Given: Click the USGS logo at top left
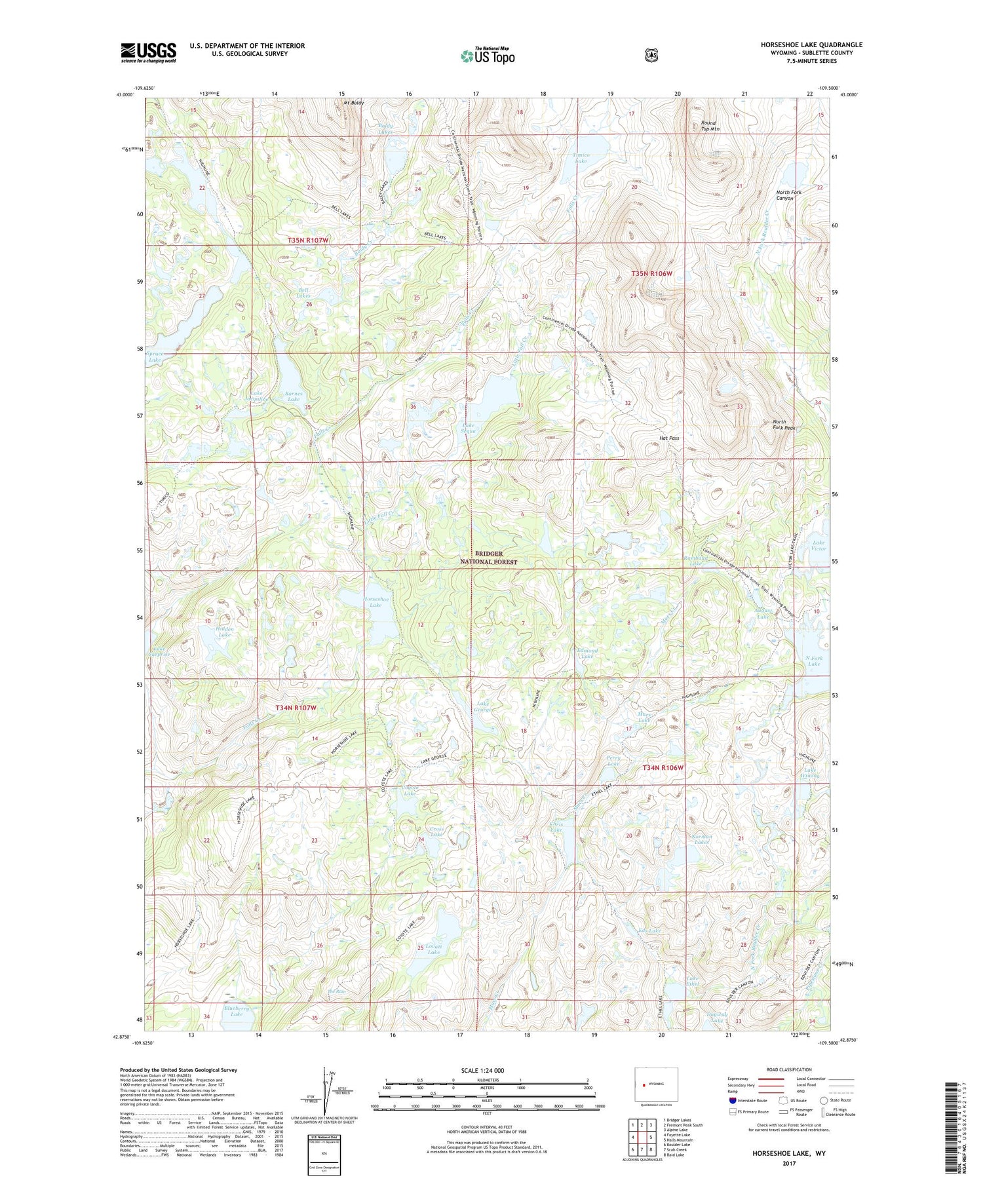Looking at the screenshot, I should point(149,52).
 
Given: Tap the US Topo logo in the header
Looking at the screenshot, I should point(488,56).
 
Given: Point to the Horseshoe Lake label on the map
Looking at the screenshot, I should point(376,601).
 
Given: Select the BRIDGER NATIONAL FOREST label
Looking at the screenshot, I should point(488,558).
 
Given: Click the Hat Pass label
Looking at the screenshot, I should point(669,438).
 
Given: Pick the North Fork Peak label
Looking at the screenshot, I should point(783,425).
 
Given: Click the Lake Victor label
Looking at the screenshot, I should point(819,545).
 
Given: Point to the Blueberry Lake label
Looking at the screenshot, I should point(237,1011).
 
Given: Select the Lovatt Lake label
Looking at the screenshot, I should point(433,949).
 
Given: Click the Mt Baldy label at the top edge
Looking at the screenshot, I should point(354,103).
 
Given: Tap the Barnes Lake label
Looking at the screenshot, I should point(293,396).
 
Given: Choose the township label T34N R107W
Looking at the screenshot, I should point(296,708).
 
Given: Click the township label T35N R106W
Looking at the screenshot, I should point(651,273).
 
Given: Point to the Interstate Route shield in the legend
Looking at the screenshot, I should point(733,1101).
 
